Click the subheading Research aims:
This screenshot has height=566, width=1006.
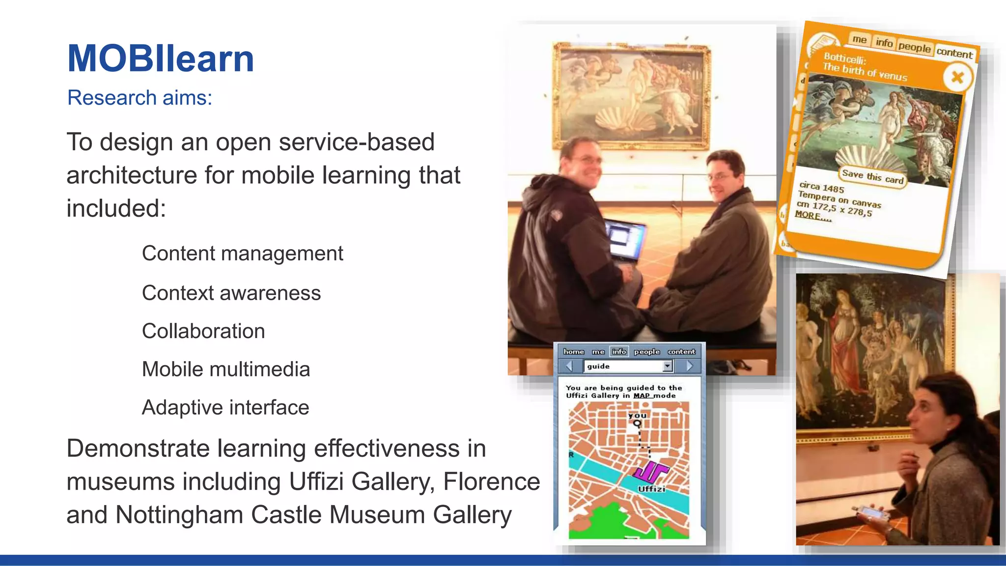140,98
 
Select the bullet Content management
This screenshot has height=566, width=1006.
242,254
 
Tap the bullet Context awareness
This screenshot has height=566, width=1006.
231,293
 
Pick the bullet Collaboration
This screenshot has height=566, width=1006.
203,331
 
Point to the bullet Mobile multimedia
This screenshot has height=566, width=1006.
226,369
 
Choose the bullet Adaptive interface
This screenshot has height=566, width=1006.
225,408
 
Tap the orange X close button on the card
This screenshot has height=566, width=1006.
957,77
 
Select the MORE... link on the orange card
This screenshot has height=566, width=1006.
813,216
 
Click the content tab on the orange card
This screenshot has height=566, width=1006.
954,53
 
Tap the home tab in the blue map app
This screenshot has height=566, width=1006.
573,352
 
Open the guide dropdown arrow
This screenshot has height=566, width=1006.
667,366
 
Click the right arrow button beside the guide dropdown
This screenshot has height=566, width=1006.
689,366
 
